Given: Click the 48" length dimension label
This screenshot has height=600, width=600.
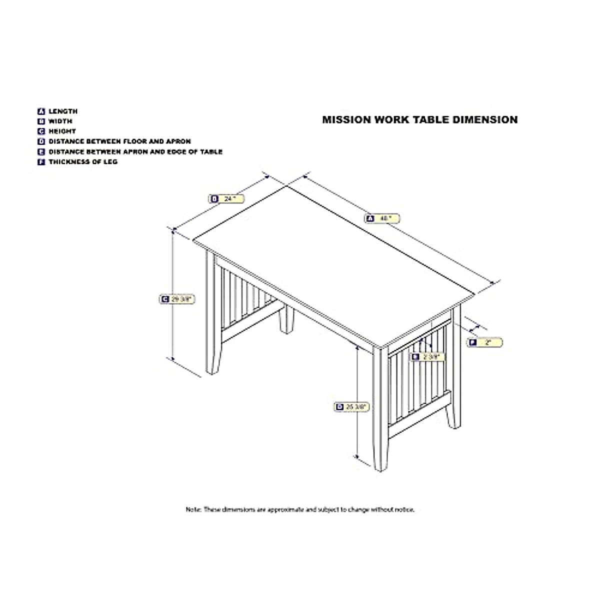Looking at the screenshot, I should pos(382,218).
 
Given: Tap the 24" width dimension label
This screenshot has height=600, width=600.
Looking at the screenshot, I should pos(226,199).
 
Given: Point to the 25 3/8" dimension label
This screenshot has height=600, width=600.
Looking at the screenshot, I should pos(351,407).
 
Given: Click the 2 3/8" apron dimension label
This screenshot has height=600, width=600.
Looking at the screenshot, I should pos(426,356).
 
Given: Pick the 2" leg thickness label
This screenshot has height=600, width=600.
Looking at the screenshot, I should pos(484,342).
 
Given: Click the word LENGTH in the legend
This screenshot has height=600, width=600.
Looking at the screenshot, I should pos(63,111).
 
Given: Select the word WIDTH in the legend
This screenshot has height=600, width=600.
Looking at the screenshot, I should pos(60,121).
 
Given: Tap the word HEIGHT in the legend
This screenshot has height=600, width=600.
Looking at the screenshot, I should pos(62,131).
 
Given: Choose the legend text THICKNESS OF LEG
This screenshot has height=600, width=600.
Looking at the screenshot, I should pos(83,162).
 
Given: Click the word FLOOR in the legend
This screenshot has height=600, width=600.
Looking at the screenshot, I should pos(138,141).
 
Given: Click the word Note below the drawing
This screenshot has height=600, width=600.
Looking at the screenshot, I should pos(193,509).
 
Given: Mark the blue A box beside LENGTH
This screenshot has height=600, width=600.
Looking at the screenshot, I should pos(41,111).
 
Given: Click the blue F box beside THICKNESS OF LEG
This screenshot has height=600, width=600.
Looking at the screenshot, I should pos(41,162).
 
